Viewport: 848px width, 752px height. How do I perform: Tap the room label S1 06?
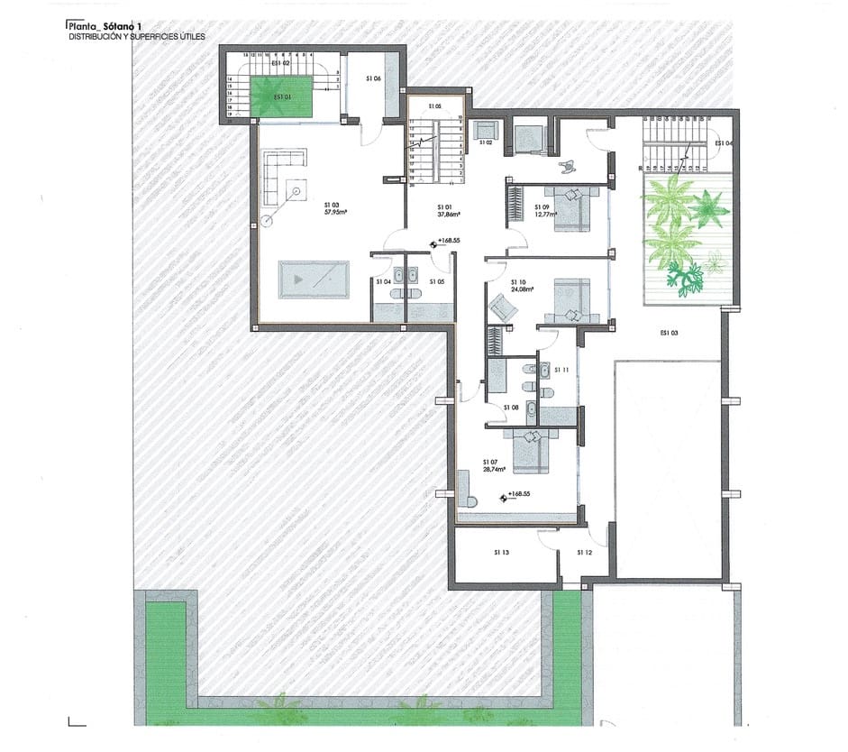click(374, 79)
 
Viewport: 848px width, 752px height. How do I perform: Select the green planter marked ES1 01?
click(281, 96)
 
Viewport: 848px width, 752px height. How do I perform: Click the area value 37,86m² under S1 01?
click(450, 215)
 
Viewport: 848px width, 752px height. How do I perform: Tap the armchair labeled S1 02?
click(486, 131)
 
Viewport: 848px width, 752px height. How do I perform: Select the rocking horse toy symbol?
click(570, 166)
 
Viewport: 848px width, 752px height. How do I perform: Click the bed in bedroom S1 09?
click(571, 208)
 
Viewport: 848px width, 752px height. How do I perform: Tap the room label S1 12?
click(584, 552)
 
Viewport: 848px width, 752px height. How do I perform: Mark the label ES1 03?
click(668, 334)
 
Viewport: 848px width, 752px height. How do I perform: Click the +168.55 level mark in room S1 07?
click(516, 494)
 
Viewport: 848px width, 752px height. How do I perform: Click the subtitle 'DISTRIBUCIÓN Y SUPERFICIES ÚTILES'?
click(137, 38)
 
